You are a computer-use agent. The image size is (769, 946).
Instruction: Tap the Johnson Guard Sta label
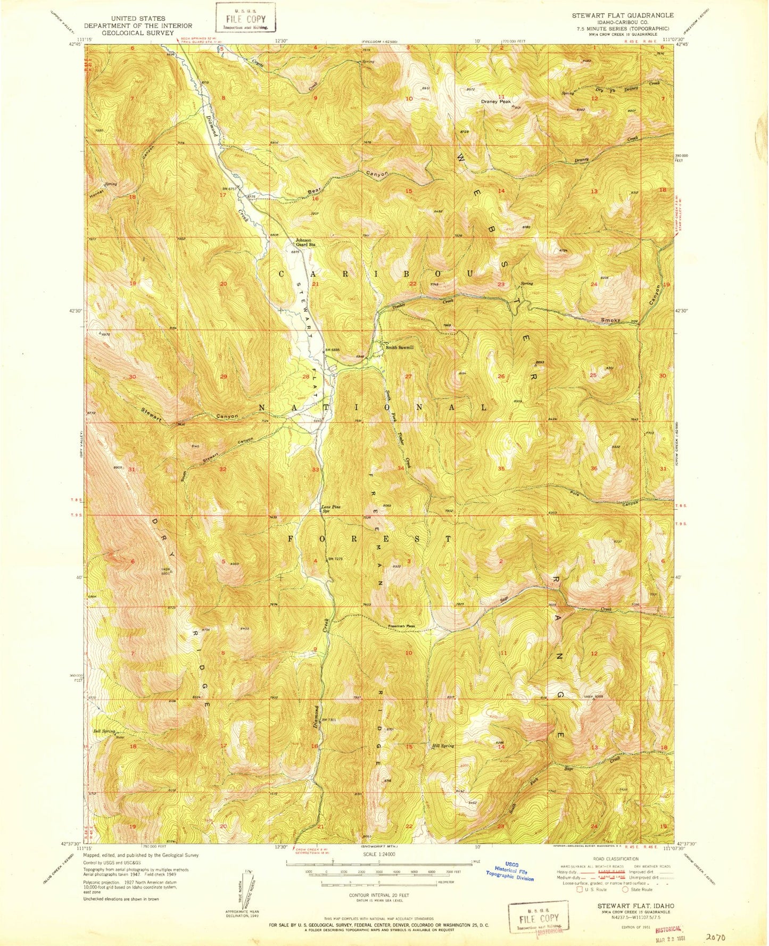tap(306, 242)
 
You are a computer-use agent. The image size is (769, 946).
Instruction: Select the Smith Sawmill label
tap(400, 347)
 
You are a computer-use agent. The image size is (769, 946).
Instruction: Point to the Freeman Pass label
tap(402, 626)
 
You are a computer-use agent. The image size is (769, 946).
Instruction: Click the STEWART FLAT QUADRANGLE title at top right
tap(622, 16)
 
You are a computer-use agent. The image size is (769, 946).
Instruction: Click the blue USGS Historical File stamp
tap(509, 872)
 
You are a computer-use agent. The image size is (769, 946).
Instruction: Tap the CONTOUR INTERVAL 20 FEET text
tap(378, 895)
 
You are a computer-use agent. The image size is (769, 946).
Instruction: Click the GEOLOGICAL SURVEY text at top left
tap(137, 32)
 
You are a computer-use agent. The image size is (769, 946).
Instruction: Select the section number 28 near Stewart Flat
tap(306, 377)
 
